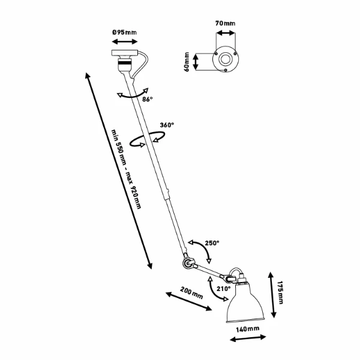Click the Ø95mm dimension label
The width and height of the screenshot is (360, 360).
(124, 31)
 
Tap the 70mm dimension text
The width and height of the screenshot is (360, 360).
(225, 23)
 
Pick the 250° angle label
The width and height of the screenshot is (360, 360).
(212, 243)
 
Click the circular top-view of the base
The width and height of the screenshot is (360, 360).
(225, 61)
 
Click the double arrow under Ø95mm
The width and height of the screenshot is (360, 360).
(124, 42)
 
